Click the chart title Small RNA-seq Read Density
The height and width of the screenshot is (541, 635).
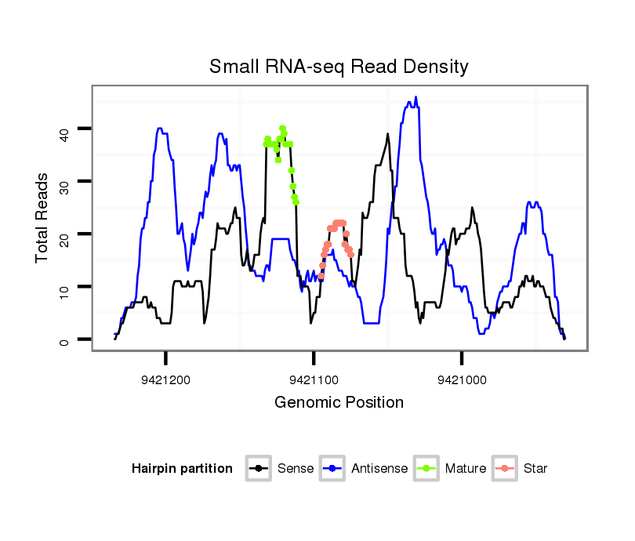pos(339,67)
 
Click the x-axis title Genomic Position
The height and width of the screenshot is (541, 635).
pos(339,403)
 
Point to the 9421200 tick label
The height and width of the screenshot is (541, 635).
pos(166,380)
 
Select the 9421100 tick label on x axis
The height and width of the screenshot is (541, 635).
pos(314,380)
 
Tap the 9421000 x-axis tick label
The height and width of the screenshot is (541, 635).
pos(462,380)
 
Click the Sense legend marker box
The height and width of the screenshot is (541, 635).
pos(258,469)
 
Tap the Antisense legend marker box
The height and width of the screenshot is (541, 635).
pos(332,469)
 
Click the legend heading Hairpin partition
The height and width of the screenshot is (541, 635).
pos(182,469)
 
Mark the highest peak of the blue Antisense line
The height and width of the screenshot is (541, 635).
pos(415,97)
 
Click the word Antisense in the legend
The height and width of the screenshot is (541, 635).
pos(379,469)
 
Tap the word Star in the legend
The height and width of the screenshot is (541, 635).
pos(535,469)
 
